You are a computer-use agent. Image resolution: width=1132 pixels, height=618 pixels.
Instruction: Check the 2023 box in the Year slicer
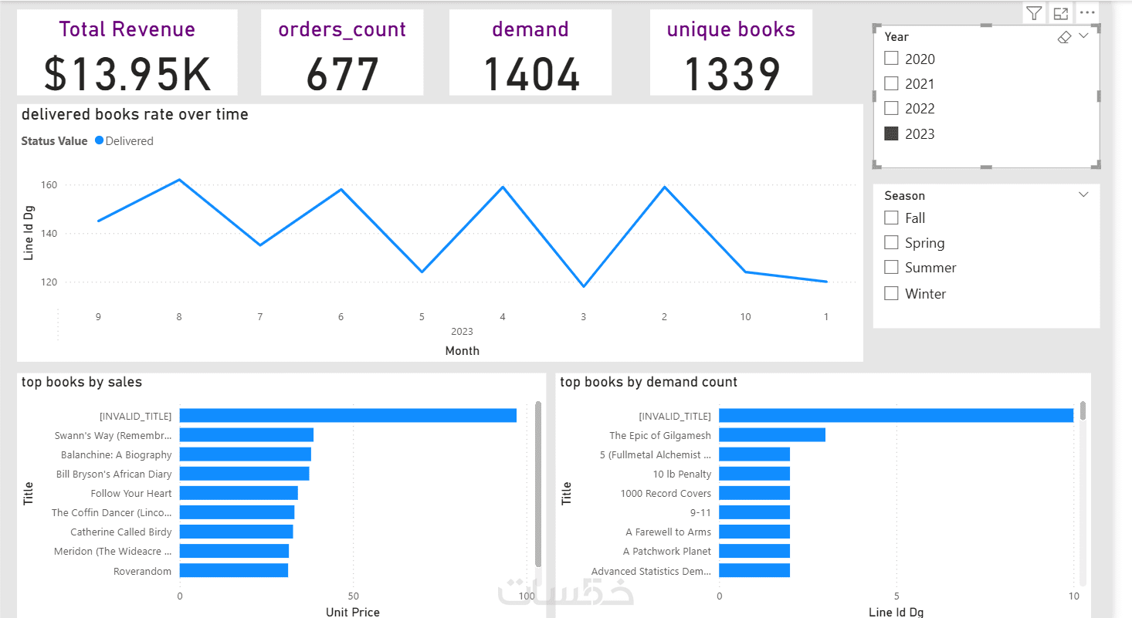click(x=891, y=133)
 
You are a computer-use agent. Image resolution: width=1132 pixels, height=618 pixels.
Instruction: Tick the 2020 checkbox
click(x=891, y=59)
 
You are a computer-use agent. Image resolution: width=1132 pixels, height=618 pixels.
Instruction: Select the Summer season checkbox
click(x=891, y=268)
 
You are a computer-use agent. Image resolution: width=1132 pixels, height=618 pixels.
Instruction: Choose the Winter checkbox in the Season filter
click(x=891, y=293)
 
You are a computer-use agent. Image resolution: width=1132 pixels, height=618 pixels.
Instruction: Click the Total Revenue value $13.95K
click(x=127, y=73)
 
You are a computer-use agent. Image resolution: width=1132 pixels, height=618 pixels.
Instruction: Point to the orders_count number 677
click(x=342, y=73)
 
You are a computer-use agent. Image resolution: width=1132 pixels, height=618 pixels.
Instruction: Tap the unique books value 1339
click(x=731, y=73)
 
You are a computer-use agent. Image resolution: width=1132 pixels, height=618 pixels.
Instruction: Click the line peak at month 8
click(x=179, y=180)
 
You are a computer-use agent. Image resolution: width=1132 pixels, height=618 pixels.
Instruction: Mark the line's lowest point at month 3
click(x=584, y=286)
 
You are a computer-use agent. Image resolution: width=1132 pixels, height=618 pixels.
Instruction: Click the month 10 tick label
click(x=745, y=316)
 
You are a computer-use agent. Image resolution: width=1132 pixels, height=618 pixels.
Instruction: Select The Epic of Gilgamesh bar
click(x=772, y=435)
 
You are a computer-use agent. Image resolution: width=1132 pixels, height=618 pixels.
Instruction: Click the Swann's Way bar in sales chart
click(x=246, y=435)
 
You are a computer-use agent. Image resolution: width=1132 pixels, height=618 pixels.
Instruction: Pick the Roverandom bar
click(x=233, y=571)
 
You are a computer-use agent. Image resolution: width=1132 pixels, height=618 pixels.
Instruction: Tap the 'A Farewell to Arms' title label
click(x=668, y=532)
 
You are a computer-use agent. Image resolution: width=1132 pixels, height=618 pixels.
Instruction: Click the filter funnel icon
click(x=1034, y=13)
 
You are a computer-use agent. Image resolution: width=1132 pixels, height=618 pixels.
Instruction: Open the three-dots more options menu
click(x=1087, y=13)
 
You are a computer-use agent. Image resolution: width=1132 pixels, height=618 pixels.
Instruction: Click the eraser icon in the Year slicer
click(x=1064, y=37)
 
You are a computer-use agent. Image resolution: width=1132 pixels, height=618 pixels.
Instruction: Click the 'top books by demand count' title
click(x=649, y=382)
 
